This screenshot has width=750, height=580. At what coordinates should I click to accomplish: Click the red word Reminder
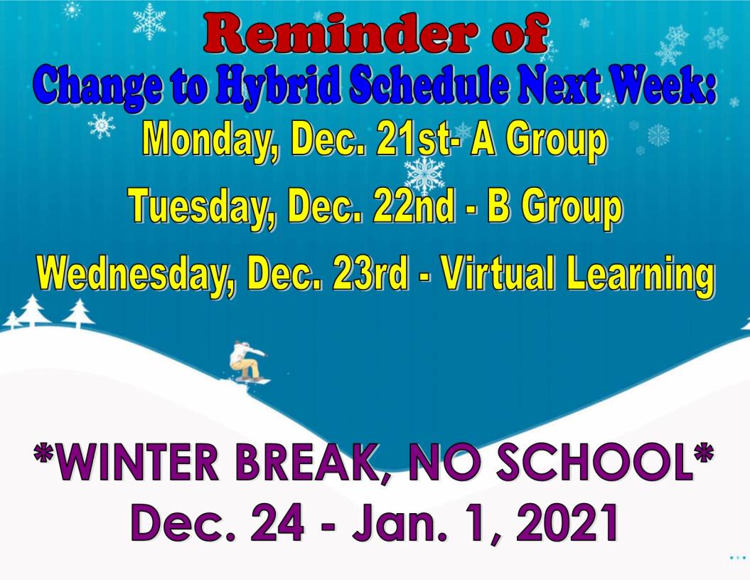[340, 33]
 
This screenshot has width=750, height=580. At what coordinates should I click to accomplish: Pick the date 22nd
[413, 206]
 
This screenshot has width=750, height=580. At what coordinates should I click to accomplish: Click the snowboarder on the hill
[247, 362]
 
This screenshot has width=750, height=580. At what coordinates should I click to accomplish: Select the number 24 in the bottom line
[278, 523]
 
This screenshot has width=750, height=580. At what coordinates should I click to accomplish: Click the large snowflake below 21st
[424, 175]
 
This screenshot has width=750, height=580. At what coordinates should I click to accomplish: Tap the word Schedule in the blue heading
[428, 85]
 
